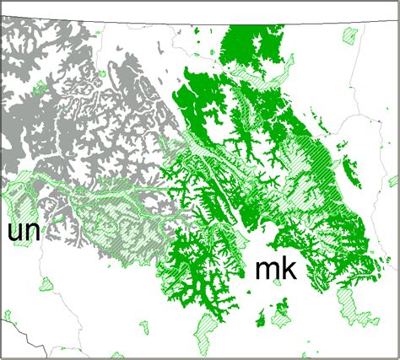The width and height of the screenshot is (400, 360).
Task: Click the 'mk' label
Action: click(x=275, y=269)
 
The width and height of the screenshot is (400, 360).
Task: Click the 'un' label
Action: click(x=25, y=231)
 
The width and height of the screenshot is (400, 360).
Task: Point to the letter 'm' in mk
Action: click(x=266, y=271)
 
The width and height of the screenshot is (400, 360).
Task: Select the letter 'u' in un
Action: click(x=16, y=232)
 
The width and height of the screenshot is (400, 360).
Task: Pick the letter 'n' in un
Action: click(x=35, y=232)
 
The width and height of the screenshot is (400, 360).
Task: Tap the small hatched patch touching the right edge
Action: click(x=393, y=180)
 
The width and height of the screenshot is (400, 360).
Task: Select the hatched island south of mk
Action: click(x=279, y=315)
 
